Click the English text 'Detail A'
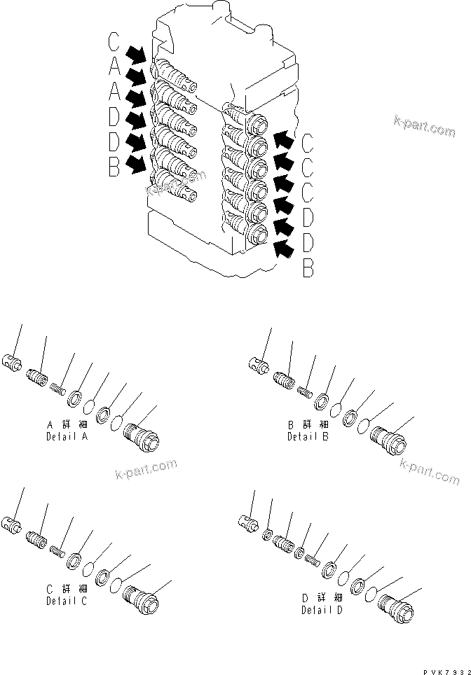pyautogui.click(x=67, y=436)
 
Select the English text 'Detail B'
pyautogui.click(x=307, y=436)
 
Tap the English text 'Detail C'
pyautogui.click(x=67, y=601)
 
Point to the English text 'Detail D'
pyautogui.click(x=322, y=609)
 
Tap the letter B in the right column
pyautogui.click(x=307, y=267)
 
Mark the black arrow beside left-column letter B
pyautogui.click(x=137, y=165)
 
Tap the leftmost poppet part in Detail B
pyautogui.click(x=257, y=363)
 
